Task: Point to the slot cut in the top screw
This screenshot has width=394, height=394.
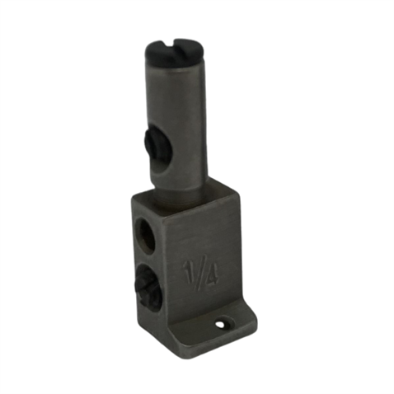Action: [x=174, y=49]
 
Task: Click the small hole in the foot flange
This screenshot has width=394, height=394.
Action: [x=222, y=324]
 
